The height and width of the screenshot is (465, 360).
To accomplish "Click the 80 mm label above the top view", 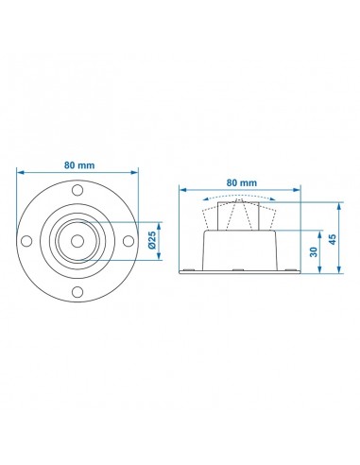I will [x=79, y=164].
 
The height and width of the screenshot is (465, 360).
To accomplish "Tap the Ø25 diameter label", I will [x=152, y=242].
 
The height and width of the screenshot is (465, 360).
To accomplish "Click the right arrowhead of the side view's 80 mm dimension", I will [x=300, y=189].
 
